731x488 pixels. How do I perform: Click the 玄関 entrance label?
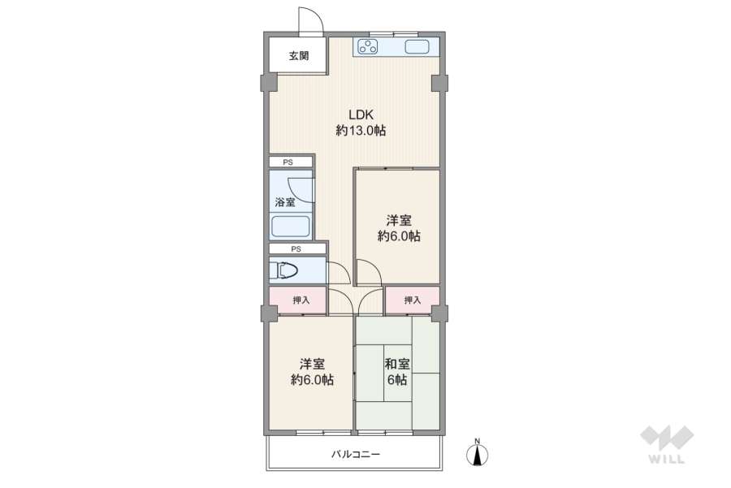[x=298, y=56]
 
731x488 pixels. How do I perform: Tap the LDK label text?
[x=361, y=114]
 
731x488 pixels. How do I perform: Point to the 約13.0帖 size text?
[x=361, y=131]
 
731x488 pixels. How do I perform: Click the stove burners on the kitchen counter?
[x=369, y=47]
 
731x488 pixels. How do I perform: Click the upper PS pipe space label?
[x=288, y=162]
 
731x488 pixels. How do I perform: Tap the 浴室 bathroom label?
[x=285, y=201]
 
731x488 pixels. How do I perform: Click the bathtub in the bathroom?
[x=291, y=226]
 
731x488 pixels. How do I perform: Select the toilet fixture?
[x=288, y=270]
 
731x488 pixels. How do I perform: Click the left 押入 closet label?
[x=301, y=300]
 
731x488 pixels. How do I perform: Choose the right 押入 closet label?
[x=413, y=300]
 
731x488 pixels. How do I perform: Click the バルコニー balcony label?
[x=355, y=455]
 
